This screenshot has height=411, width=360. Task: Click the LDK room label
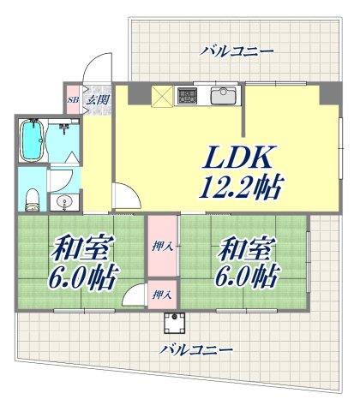click(237, 157)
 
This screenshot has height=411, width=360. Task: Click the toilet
click(33, 198)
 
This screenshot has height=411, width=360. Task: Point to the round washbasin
click(63, 202)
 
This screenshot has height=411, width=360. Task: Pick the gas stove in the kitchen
click(187, 95)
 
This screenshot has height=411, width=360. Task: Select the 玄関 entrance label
click(96, 98)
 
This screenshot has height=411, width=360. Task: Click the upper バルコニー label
click(237, 52)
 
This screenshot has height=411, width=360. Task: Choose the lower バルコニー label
click(196, 350)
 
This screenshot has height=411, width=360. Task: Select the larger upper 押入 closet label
click(160, 247)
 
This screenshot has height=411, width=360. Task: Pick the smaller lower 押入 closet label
click(160, 295)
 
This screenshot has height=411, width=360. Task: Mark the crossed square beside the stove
click(160, 96)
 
